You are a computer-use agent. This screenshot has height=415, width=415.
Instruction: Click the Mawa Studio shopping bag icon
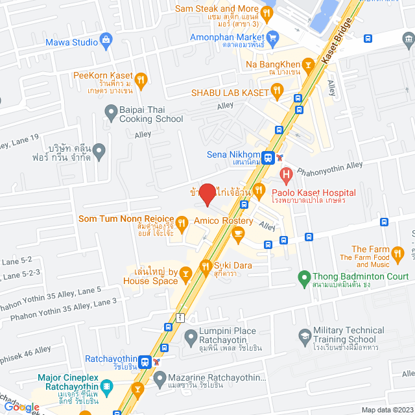(105, 43)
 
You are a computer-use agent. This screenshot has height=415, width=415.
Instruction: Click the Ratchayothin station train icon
(146, 361)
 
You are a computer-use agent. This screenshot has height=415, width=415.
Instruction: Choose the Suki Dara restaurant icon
(206, 265)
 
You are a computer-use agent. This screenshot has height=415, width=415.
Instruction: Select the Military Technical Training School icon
(304, 335)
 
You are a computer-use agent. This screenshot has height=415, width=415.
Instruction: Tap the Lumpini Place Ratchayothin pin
(191, 336)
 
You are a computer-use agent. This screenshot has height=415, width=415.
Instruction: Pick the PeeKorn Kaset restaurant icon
(141, 79)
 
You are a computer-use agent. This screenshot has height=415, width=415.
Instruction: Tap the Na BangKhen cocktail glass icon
(307, 65)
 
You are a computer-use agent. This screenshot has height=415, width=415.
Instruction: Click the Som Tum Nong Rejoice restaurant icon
(183, 224)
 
